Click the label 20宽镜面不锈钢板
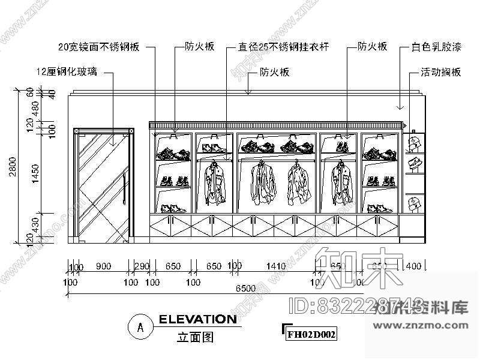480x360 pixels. click(99, 46)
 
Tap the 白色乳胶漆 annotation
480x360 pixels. click(434, 46)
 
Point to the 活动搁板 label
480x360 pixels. click(440, 72)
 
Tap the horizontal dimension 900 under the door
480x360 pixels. click(103, 266)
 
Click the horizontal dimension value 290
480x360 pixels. click(141, 266)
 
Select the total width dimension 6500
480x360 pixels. click(246, 288)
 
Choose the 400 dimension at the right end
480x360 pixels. click(413, 266)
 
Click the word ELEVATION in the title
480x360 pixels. click(197, 319)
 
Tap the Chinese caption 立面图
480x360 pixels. click(196, 338)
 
